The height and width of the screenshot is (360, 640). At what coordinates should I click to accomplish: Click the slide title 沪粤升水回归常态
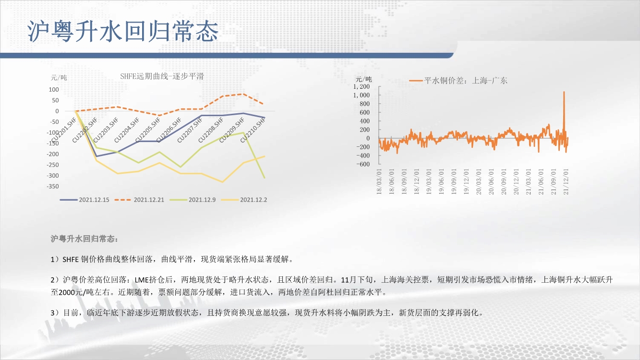(x=123, y=31)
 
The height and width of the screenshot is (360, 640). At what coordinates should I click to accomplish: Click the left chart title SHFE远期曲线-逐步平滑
(x=162, y=76)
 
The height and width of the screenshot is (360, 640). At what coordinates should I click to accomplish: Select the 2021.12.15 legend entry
(x=85, y=200)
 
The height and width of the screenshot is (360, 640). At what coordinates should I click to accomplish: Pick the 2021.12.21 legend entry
(x=139, y=200)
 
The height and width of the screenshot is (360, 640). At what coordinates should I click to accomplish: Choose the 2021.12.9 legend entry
(x=193, y=200)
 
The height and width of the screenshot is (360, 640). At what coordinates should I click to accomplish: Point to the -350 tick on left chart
(x=53, y=186)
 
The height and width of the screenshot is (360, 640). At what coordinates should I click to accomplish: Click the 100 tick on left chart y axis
(x=54, y=89)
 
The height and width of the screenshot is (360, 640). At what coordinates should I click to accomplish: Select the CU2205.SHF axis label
(x=148, y=130)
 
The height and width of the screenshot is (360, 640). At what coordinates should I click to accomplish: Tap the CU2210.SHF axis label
(x=253, y=130)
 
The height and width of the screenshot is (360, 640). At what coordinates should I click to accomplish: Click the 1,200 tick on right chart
(x=362, y=86)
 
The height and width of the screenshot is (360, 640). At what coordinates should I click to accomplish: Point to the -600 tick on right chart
(x=363, y=164)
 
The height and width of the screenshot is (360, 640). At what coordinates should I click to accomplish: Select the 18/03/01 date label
(x=379, y=181)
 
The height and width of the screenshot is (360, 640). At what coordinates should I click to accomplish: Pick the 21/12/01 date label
(x=566, y=181)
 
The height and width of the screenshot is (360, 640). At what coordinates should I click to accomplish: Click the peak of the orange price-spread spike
(x=564, y=92)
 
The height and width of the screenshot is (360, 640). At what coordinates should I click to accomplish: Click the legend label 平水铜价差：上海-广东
(x=466, y=81)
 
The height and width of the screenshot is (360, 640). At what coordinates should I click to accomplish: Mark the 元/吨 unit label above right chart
(x=363, y=79)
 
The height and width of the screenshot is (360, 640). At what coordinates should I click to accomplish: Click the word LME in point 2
(x=142, y=280)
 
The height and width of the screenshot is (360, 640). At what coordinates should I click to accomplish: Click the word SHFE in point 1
(x=71, y=259)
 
